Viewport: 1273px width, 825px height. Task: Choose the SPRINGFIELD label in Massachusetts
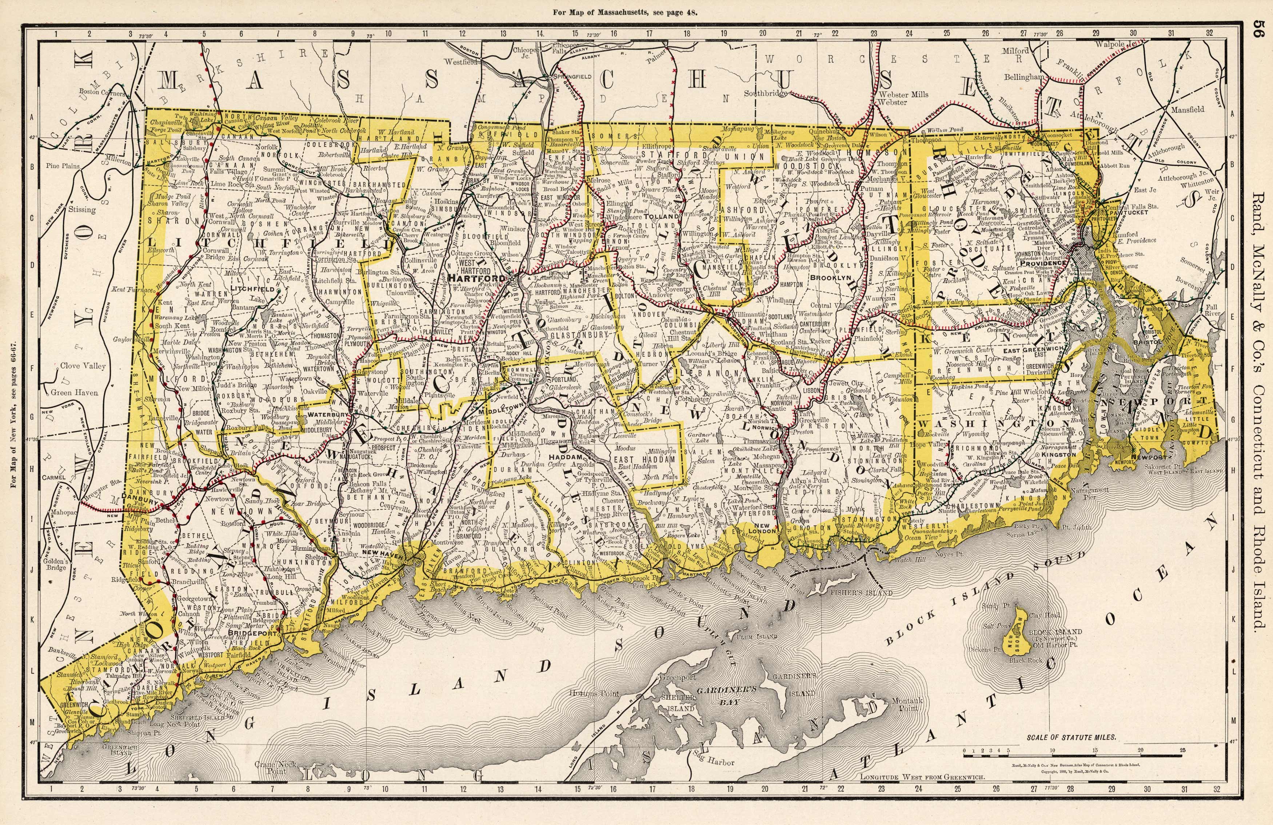click(572, 76)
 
